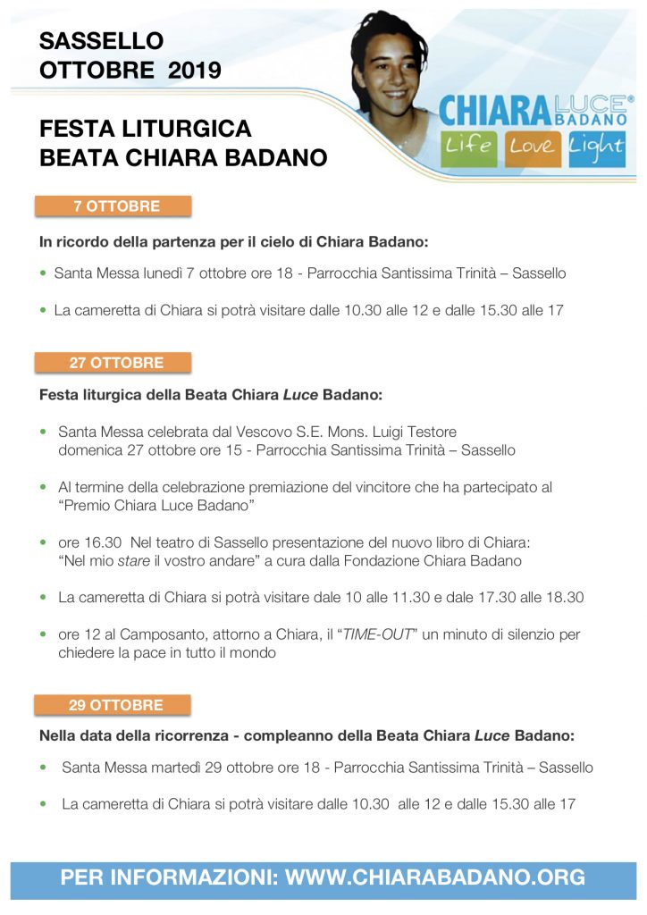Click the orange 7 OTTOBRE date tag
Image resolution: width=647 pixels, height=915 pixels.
point(113,206)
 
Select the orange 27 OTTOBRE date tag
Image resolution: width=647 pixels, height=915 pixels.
point(113,363)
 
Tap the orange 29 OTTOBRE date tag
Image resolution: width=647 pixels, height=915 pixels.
point(113,705)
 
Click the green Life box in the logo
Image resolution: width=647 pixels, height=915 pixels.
point(469,146)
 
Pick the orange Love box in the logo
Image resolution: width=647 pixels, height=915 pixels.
point(533,146)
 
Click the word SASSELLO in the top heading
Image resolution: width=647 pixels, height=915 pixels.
point(101,40)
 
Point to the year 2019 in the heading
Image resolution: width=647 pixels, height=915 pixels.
point(194,71)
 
